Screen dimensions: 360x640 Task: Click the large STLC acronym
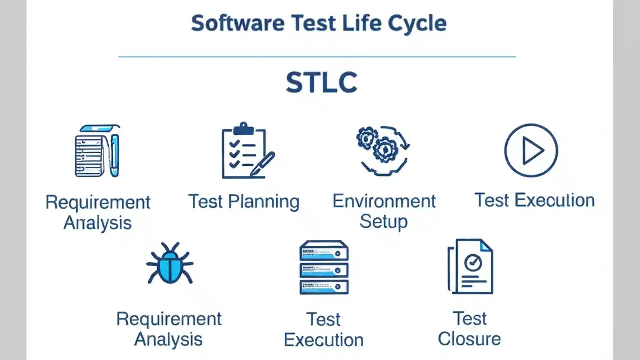coord(321,83)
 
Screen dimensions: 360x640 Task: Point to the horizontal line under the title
coord(317,57)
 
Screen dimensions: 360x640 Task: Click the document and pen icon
coord(97,151)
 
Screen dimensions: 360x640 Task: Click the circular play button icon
coord(531,150)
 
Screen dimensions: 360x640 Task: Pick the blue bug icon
coord(170,263)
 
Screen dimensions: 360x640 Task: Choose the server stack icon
coord(323,267)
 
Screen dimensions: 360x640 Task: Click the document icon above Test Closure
coord(470,266)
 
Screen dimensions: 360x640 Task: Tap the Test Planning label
coord(244,201)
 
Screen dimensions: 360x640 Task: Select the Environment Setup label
coord(384,211)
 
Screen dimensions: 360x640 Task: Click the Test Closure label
coord(469,328)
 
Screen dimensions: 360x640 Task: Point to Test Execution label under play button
coord(534,200)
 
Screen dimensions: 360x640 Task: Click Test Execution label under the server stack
coord(323,329)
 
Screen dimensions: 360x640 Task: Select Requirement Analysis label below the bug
coord(169,329)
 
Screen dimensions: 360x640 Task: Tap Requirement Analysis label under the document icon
coord(98,212)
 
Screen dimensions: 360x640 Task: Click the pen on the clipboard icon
coord(263,164)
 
